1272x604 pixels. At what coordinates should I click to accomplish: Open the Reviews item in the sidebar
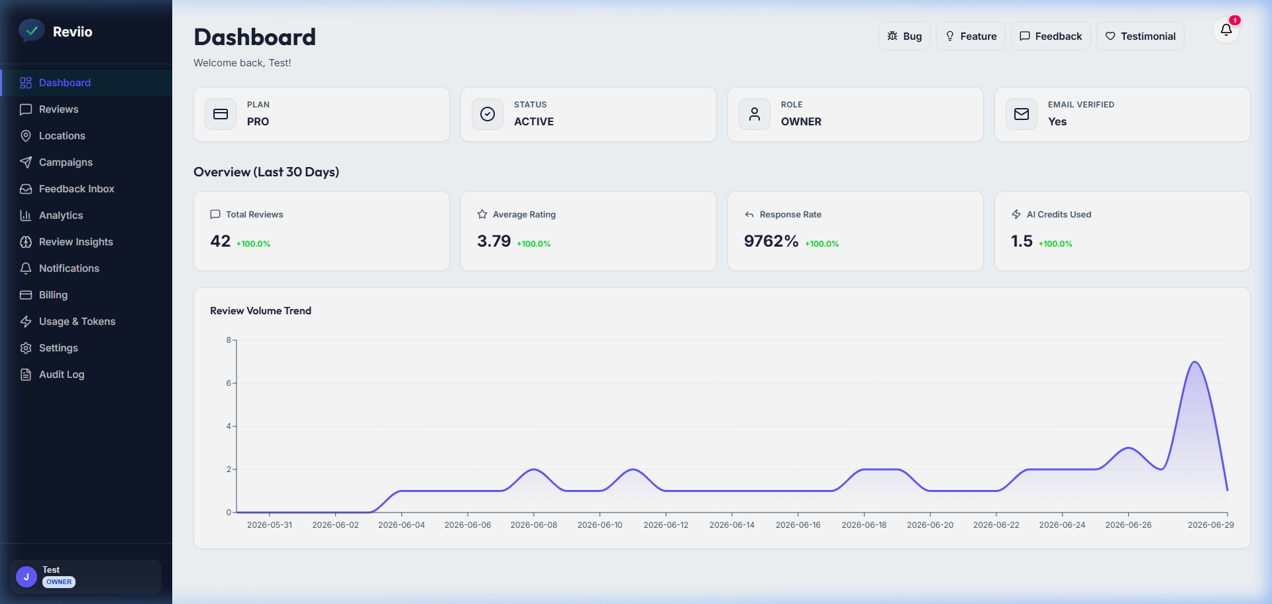click(58, 109)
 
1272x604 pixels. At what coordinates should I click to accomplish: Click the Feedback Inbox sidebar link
click(76, 189)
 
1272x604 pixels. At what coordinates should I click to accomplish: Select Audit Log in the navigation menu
click(62, 375)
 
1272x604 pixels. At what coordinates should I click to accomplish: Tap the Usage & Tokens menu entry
click(77, 322)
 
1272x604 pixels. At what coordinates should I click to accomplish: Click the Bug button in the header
click(904, 36)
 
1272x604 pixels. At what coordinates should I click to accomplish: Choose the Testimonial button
click(1140, 36)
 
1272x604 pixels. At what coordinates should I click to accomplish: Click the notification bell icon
click(1226, 30)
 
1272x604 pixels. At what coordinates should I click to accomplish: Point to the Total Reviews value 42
click(221, 241)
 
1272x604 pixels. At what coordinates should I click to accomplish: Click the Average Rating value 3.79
click(494, 241)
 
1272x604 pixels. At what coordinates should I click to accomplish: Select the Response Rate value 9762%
click(771, 241)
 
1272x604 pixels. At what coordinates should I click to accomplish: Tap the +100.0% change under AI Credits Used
click(1055, 244)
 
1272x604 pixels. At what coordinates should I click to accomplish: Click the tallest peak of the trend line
click(1194, 362)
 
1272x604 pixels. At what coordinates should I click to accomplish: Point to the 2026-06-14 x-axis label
click(732, 525)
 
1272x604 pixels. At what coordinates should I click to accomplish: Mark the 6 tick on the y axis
click(229, 383)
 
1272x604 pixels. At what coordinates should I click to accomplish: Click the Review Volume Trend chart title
click(260, 311)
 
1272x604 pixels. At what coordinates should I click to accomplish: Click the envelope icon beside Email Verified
click(1022, 114)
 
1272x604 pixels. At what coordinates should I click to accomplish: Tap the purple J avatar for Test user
click(26, 577)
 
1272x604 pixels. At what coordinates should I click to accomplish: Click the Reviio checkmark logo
click(31, 30)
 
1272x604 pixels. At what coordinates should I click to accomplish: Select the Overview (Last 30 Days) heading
click(266, 172)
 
